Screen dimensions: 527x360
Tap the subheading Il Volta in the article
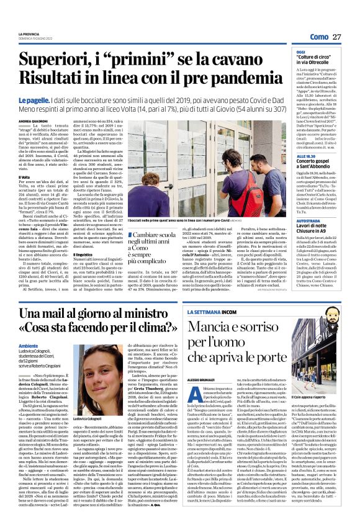point(25,177)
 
